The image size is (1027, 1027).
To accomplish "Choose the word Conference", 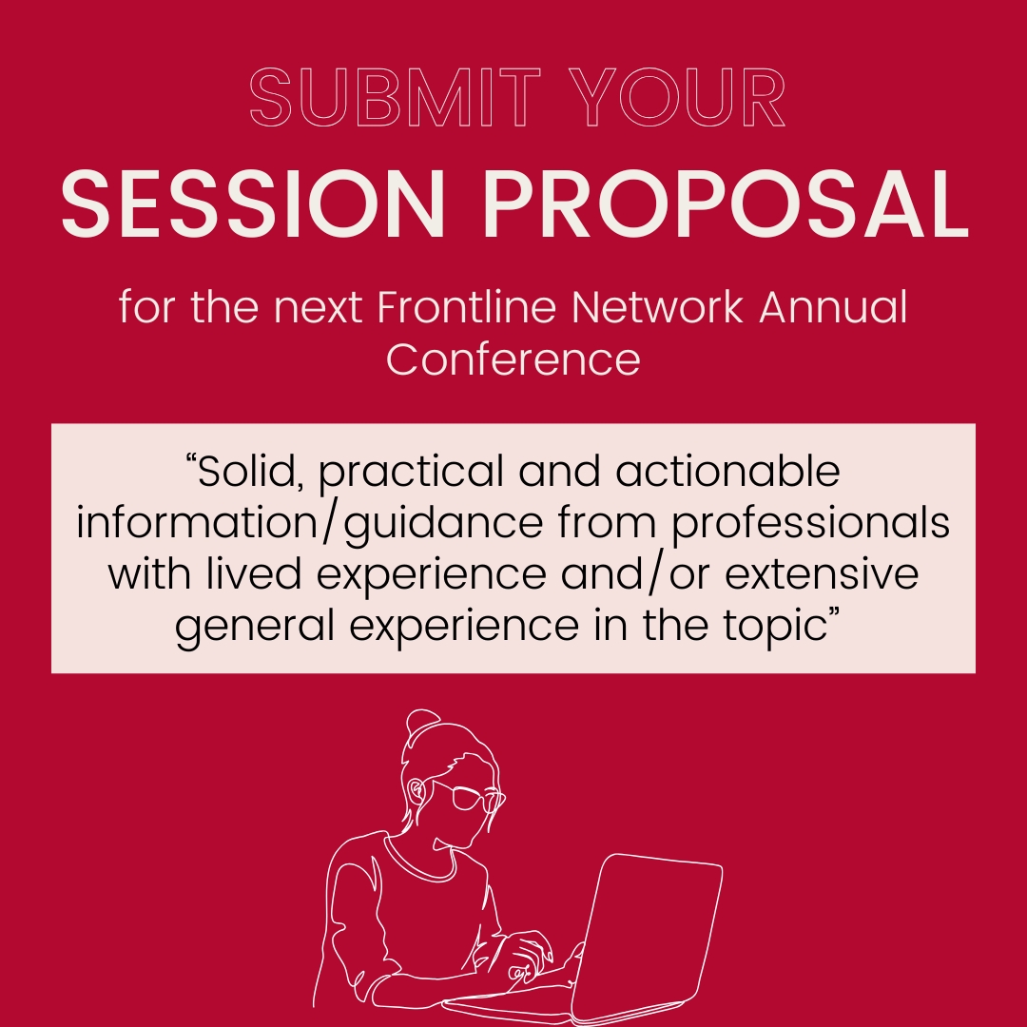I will (x=513, y=359).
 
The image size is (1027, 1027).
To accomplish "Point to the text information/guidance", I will (x=303, y=525).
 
